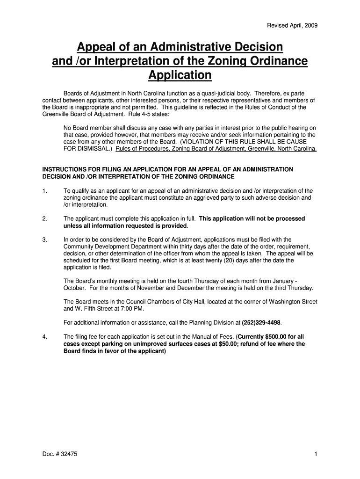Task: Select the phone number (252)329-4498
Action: (x=262, y=323)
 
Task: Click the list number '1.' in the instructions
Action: (x=44, y=191)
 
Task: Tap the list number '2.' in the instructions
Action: (x=44, y=218)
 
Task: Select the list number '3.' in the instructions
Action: (x=44, y=239)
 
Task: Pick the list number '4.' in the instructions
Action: (x=44, y=337)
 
